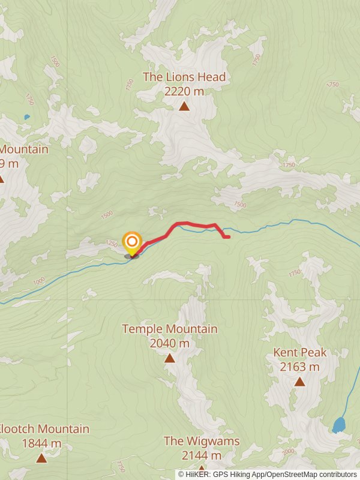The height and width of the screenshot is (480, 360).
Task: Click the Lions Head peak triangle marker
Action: click(184, 107)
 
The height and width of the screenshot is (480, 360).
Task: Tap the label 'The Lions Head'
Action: click(184, 77)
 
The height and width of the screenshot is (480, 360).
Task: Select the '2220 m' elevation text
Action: click(184, 91)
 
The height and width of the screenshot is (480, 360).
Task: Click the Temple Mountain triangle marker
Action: click(170, 358)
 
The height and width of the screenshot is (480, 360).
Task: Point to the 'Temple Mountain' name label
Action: click(170, 329)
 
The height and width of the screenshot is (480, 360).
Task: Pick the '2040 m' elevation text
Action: click(170, 343)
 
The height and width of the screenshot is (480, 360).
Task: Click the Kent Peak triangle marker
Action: click(299, 382)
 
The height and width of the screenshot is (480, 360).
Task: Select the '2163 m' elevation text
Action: click(299, 367)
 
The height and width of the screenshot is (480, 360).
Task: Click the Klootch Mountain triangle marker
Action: click(41, 458)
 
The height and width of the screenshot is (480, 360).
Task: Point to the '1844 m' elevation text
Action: click(41, 443)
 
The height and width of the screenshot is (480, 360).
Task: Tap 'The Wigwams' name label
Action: click(202, 441)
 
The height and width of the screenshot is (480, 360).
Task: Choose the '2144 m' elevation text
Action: click(202, 455)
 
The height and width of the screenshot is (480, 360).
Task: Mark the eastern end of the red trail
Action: click(229, 237)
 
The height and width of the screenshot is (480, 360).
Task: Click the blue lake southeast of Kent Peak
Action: click(339, 425)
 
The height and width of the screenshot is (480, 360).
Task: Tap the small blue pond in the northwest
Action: click(26, 117)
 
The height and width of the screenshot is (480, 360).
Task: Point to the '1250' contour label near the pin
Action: click(112, 244)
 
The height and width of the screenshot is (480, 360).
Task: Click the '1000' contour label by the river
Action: click(40, 281)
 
